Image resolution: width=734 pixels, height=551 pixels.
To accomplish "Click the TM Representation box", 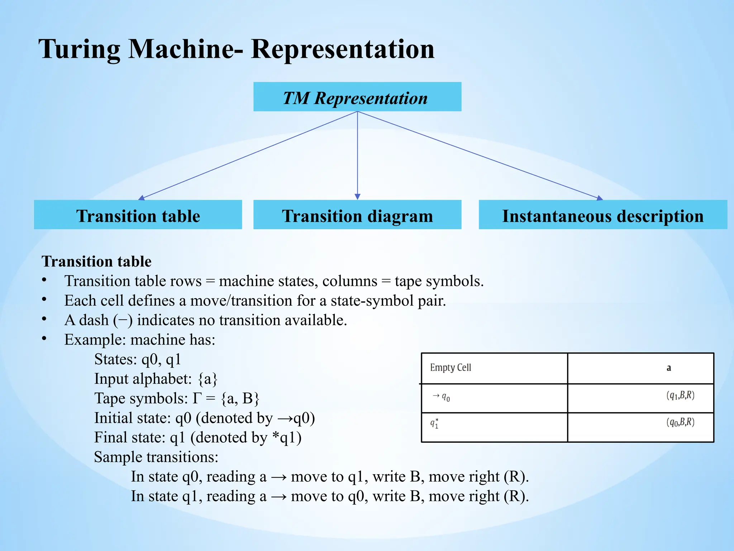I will tap(357, 97).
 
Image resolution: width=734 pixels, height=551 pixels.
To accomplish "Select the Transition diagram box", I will tap(357, 215).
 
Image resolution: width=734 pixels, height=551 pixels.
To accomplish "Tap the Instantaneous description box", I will tap(603, 215).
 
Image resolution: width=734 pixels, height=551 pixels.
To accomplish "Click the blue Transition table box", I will tap(138, 215).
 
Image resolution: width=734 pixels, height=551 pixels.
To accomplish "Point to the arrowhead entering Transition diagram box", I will tap(357, 197).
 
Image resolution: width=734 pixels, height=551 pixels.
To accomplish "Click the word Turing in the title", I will tap(79, 49).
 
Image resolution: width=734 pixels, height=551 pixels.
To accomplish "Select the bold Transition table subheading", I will tap(96, 261).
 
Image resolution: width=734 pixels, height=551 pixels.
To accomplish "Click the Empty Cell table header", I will tap(451, 368).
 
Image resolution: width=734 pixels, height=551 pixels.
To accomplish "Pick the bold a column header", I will tap(668, 368).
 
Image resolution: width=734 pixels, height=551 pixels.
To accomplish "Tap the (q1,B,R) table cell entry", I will tap(680, 395).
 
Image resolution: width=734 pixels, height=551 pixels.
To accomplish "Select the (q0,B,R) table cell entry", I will tap(680, 423).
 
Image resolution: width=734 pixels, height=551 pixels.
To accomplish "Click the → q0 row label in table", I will tap(441, 397).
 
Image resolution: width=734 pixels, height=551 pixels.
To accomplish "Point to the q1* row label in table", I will tap(434, 424).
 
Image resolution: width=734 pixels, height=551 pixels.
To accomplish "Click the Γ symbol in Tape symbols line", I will tap(197, 399).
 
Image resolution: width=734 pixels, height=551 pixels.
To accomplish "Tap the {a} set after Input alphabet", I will tap(208, 379).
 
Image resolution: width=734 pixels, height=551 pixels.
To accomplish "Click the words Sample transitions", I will tap(156, 457).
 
